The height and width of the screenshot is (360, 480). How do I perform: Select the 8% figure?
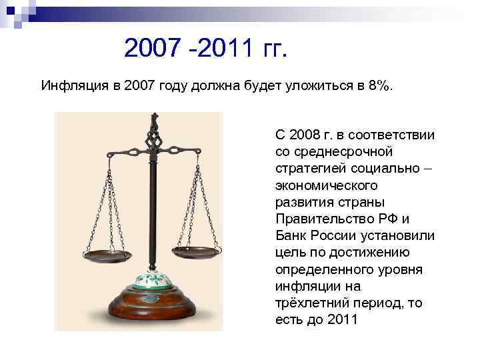click(x=379, y=85)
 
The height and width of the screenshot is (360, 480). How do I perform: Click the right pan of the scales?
click(x=198, y=251)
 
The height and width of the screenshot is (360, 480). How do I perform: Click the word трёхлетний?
click(x=307, y=303)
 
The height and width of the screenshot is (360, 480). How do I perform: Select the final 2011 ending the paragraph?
click(x=344, y=319)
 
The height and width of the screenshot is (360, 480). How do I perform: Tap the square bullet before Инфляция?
click(x=33, y=86)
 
